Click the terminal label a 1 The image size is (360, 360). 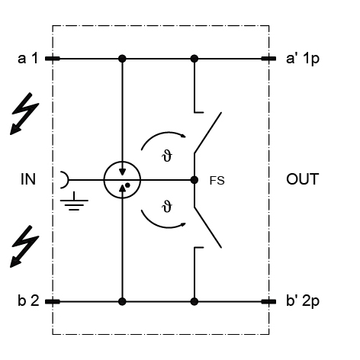(28, 58)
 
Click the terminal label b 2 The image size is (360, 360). (28, 301)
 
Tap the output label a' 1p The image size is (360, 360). (303, 59)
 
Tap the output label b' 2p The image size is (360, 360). (303, 301)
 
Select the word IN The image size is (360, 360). (28, 179)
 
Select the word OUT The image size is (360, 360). (303, 179)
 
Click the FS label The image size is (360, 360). (217, 181)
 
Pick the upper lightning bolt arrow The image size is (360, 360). (25, 114)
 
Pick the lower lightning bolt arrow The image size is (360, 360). (25, 246)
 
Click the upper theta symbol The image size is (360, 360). (167, 156)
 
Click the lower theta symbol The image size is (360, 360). (167, 206)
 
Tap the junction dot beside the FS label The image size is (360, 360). (194, 180)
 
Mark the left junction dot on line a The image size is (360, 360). (122, 59)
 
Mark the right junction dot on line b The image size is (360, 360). (194, 302)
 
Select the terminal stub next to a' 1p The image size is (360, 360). (268, 59)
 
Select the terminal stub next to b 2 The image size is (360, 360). (53, 302)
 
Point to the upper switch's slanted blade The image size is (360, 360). (207, 133)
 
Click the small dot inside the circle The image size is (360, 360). (127, 185)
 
